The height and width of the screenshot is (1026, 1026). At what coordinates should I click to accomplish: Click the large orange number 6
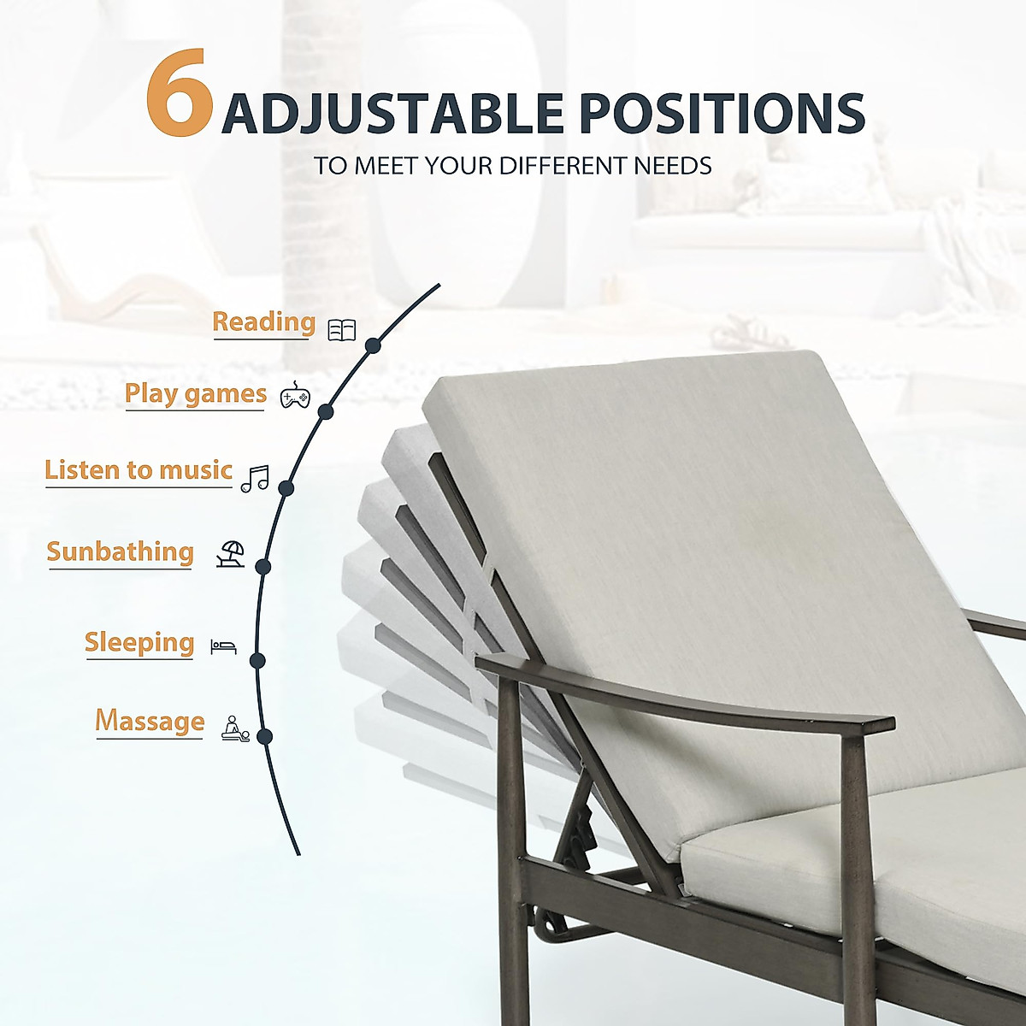point(179,93)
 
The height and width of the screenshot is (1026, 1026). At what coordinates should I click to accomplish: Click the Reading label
point(263,322)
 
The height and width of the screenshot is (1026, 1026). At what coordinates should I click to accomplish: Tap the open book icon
point(342,330)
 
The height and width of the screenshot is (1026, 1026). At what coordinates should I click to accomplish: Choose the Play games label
point(195,394)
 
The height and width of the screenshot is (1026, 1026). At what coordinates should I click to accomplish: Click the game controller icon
point(295,396)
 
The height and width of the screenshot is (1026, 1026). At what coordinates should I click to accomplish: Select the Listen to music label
point(139,470)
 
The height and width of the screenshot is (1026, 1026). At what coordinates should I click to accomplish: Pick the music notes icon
point(255,479)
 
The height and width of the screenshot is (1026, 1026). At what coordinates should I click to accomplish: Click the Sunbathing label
point(120,552)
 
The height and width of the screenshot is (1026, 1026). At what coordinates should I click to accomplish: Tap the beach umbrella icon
point(231,555)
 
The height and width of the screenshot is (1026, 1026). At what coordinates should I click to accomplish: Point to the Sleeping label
point(139,642)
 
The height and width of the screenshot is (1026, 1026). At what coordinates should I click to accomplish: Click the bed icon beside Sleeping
point(223,646)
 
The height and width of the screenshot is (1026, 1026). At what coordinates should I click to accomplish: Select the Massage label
point(150,721)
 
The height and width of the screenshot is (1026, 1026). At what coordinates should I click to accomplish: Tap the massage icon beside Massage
point(235,728)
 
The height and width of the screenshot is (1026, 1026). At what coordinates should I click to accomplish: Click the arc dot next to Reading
point(372,345)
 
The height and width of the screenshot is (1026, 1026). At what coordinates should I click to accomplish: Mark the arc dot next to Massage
point(264,736)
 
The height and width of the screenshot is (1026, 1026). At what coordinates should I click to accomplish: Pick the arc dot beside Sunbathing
point(263,566)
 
